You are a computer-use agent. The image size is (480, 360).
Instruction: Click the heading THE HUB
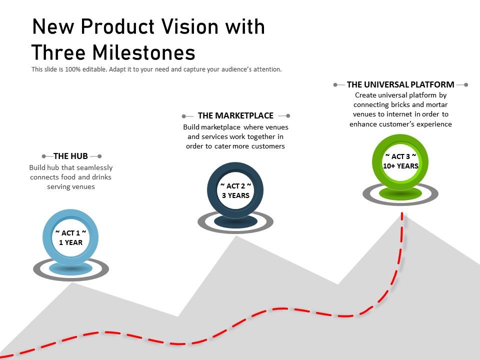70,156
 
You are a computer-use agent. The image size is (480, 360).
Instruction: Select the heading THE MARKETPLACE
235,115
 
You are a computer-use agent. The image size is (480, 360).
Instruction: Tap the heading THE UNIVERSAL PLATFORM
400,84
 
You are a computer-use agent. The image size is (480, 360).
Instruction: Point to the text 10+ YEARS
400,166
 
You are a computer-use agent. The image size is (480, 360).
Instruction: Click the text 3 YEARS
235,195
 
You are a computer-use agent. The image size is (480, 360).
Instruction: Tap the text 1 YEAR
70,242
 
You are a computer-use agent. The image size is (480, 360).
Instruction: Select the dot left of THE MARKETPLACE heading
184,116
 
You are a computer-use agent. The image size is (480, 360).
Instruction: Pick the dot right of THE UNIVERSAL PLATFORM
466,85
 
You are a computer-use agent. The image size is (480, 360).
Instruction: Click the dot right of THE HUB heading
99,156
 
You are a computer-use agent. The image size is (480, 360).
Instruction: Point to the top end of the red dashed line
402,214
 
